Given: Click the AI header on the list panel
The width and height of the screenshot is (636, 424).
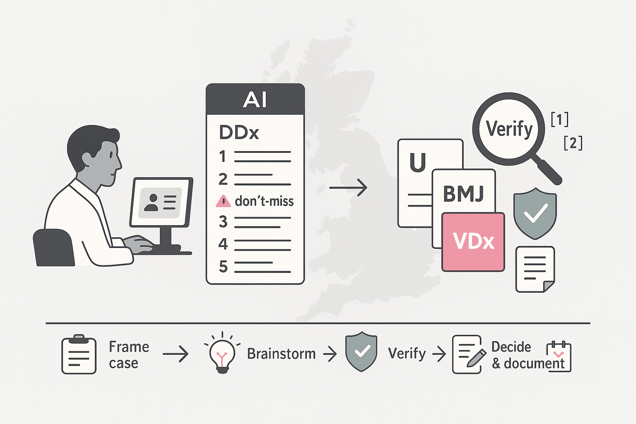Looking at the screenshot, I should [x=255, y=99].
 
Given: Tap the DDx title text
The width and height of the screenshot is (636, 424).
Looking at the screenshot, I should [x=239, y=132].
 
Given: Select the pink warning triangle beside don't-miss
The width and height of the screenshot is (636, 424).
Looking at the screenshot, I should [x=223, y=201].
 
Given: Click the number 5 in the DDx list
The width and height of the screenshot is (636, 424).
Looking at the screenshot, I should [x=223, y=267].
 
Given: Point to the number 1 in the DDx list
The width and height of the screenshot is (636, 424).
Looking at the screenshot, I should [x=223, y=157].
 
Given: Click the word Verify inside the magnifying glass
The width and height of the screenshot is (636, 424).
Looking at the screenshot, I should [x=509, y=129].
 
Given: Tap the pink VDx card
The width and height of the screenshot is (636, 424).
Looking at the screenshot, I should [x=473, y=242].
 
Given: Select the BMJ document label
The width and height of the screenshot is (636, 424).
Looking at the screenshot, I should [x=463, y=193].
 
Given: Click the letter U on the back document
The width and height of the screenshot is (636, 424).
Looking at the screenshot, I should [x=417, y=162].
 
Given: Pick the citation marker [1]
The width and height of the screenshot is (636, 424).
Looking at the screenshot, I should [x=559, y=119].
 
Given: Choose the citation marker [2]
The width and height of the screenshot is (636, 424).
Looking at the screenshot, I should [x=573, y=143].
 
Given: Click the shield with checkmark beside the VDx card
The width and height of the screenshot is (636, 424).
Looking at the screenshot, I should [x=535, y=214].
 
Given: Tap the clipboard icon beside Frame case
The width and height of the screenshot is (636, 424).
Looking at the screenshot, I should [x=79, y=354].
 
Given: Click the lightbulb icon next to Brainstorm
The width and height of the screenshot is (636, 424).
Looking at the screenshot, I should [x=222, y=353].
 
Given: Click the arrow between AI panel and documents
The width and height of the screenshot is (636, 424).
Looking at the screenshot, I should [x=348, y=188].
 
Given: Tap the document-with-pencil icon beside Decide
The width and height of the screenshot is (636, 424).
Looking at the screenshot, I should [x=467, y=354].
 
